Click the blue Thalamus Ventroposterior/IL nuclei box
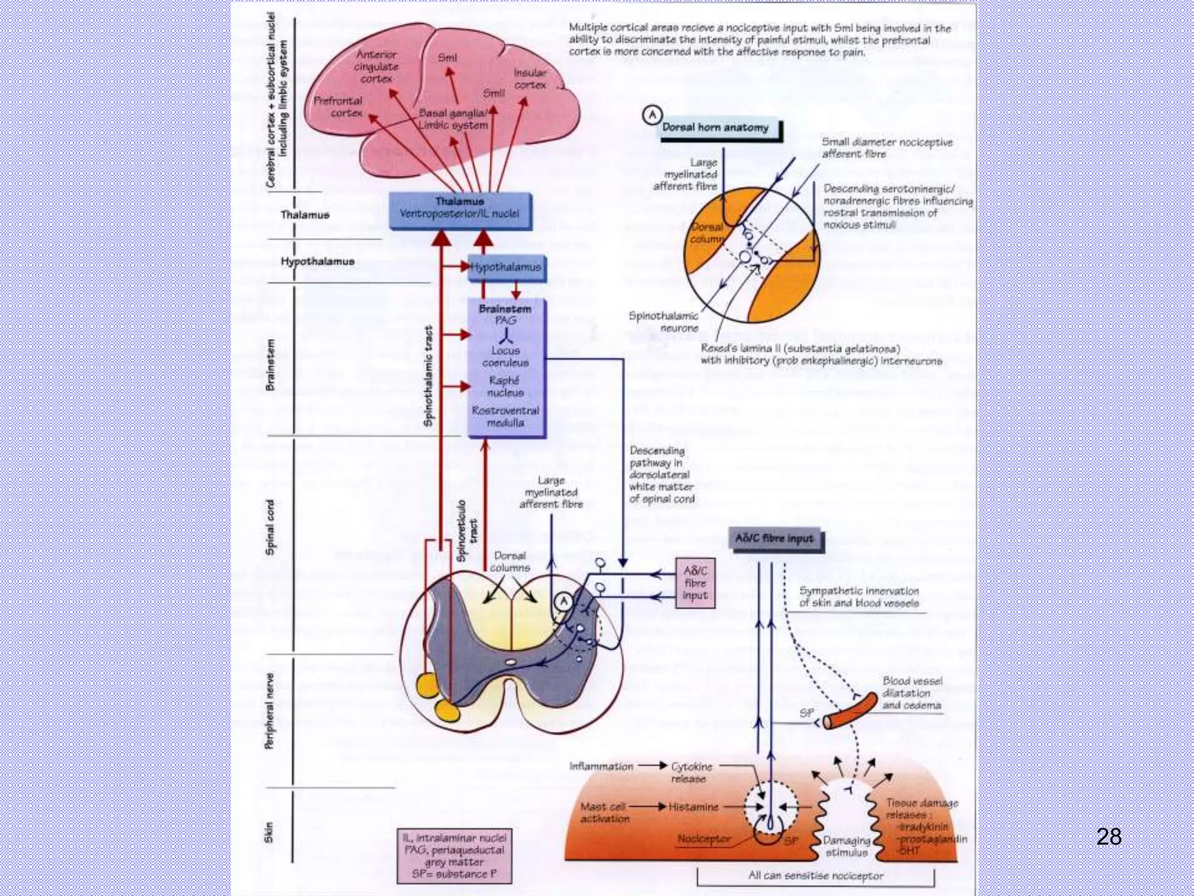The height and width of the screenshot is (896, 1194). click(459, 208)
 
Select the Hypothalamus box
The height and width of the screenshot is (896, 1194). click(505, 267)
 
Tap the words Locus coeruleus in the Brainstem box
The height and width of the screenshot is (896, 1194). click(505, 356)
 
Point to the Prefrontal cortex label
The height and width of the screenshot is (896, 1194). click(338, 107)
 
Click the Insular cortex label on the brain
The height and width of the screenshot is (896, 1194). click(530, 79)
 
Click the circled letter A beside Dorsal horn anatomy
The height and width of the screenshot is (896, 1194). click(652, 115)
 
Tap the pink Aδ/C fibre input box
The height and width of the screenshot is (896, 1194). click(695, 583)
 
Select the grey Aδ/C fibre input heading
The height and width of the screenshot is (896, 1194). click(774, 538)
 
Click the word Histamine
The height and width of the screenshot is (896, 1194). click(693, 807)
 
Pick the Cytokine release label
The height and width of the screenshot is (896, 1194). click(691, 772)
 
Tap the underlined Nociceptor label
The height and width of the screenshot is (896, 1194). click(704, 839)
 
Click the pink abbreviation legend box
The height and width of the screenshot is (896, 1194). click(454, 856)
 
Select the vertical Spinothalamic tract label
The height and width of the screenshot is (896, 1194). click(429, 376)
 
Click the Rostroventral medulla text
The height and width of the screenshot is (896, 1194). click(505, 416)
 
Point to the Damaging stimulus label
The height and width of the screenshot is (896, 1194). click(846, 846)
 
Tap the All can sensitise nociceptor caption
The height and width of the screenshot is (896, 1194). click(815, 876)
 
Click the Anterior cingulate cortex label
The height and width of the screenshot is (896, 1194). click(376, 66)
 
